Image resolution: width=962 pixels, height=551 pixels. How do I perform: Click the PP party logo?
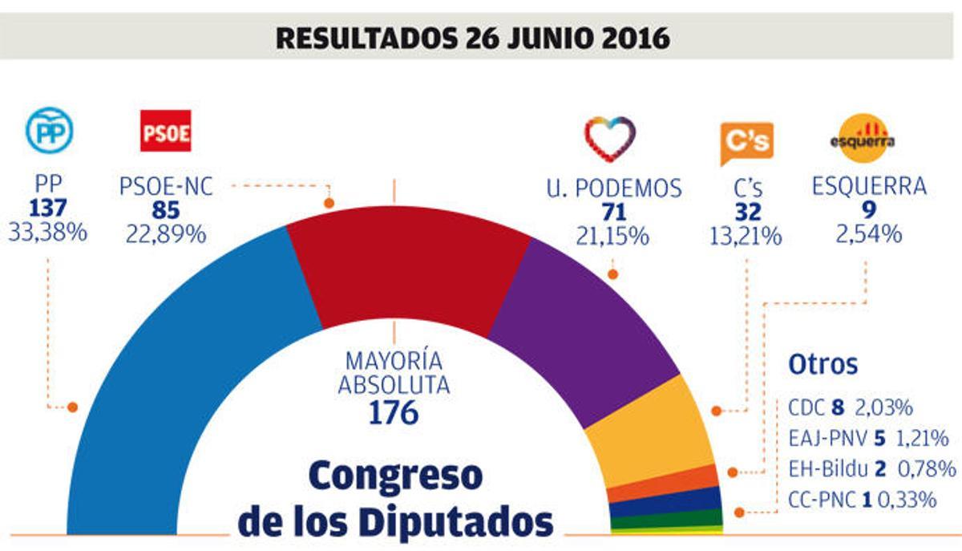click(x=50, y=131)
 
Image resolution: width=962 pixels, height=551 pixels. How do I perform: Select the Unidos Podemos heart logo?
click(x=610, y=139)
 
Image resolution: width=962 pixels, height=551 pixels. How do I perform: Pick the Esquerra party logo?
click(x=862, y=138)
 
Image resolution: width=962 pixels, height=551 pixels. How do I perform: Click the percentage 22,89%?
click(x=165, y=233)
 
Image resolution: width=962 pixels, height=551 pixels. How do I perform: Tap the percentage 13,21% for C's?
click(x=746, y=235)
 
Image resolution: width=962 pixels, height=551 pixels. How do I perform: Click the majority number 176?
click(x=393, y=412)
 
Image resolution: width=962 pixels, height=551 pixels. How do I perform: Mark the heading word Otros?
click(x=823, y=364)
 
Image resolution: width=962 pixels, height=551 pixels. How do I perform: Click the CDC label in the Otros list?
click(x=806, y=408)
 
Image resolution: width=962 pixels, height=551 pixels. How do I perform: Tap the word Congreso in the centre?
click(x=396, y=476)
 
